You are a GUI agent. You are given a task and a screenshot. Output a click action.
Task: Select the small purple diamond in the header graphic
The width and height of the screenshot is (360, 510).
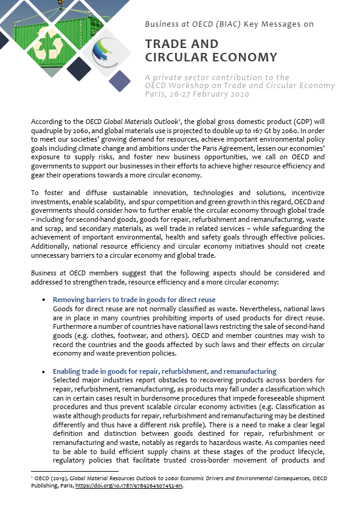pyautogui.click(x=119, y=81)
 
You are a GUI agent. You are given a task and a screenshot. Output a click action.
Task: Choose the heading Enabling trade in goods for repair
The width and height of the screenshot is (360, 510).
pyautogui.click(x=164, y=371)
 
